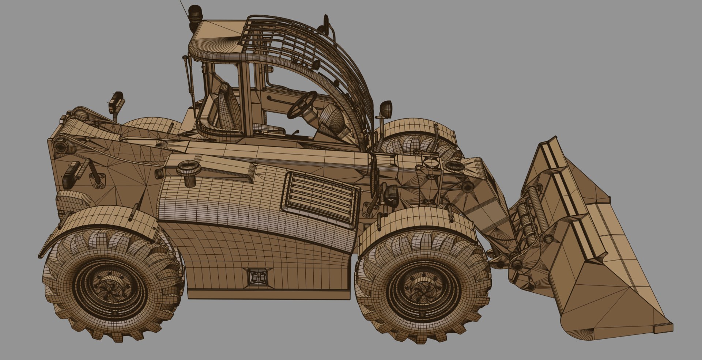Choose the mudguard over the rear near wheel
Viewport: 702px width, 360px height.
click(x=106, y=219)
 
